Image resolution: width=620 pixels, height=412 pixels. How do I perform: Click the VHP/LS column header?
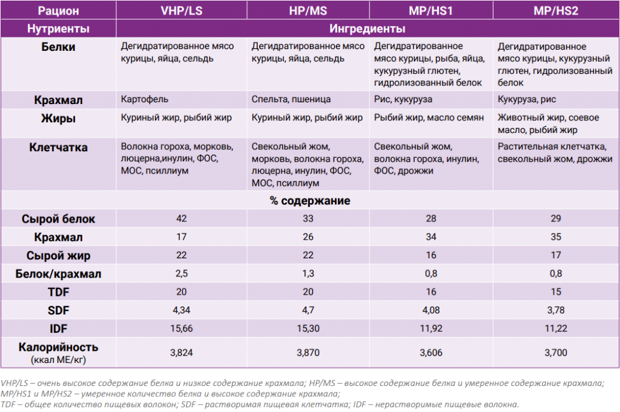coord(182,11)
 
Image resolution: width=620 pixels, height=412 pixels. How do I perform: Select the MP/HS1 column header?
coord(430,11)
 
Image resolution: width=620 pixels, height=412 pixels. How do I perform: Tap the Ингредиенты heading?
coord(368,29)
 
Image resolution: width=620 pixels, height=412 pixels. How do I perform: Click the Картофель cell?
coord(144,99)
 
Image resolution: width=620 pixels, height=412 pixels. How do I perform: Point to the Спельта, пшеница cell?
coord(291,100)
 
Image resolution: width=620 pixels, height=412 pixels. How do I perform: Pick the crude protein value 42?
coord(182,218)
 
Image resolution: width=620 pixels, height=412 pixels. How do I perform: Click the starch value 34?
coord(431,237)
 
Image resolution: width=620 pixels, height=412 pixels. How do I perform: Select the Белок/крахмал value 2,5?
coord(182,273)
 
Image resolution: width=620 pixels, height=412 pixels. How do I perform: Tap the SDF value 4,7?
coord(308,310)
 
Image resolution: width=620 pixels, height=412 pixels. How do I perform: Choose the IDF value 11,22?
coord(556,329)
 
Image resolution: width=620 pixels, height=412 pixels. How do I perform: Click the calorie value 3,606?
coord(431,353)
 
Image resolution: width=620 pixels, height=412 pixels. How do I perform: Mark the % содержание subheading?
coord(310,201)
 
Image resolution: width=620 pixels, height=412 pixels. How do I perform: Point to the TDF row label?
coord(58,292)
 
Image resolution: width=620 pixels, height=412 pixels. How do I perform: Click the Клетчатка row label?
coord(58,148)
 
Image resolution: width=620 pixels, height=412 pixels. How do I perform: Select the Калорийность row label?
coord(58,347)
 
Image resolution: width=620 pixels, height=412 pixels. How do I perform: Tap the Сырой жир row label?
coord(58,255)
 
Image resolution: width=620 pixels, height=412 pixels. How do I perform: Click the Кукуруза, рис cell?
coord(527,100)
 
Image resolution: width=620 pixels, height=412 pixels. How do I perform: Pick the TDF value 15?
coord(556,292)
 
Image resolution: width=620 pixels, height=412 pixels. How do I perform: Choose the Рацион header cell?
coord(58,11)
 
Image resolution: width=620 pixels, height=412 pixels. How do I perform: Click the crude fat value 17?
coord(556,255)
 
